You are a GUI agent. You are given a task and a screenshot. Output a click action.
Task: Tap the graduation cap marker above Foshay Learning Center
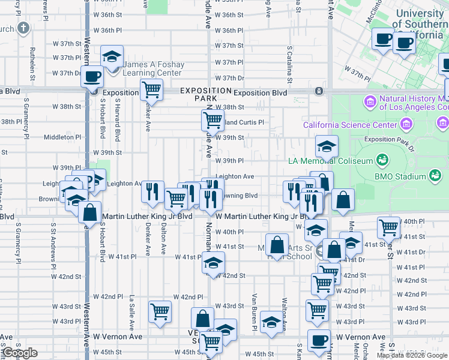112,56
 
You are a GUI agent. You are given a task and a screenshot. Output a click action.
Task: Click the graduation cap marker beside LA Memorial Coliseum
327,146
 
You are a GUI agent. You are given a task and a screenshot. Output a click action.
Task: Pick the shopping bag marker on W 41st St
277,244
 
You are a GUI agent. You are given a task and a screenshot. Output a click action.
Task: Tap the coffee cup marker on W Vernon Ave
319,340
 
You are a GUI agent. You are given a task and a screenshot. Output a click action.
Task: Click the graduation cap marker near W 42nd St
212,262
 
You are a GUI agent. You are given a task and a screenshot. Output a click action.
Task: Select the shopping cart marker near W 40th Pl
389,227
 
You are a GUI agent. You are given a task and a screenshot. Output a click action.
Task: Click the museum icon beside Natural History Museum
370,102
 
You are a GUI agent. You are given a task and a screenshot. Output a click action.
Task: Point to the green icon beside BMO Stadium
382,160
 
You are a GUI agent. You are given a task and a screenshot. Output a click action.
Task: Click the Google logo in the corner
20,353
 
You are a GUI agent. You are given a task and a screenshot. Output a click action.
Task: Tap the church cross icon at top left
23,28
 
